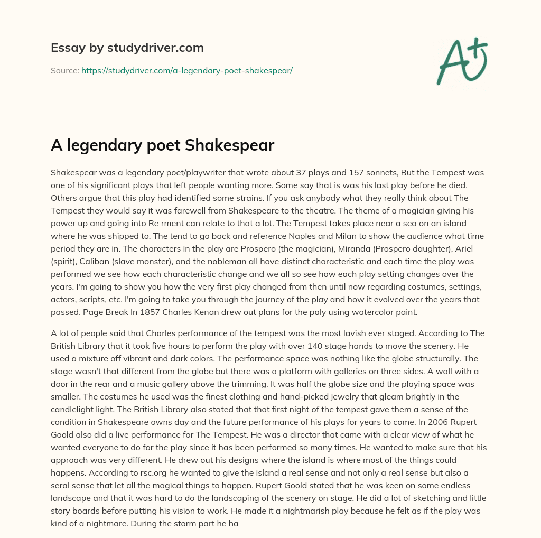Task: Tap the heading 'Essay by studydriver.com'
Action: (x=127, y=48)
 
